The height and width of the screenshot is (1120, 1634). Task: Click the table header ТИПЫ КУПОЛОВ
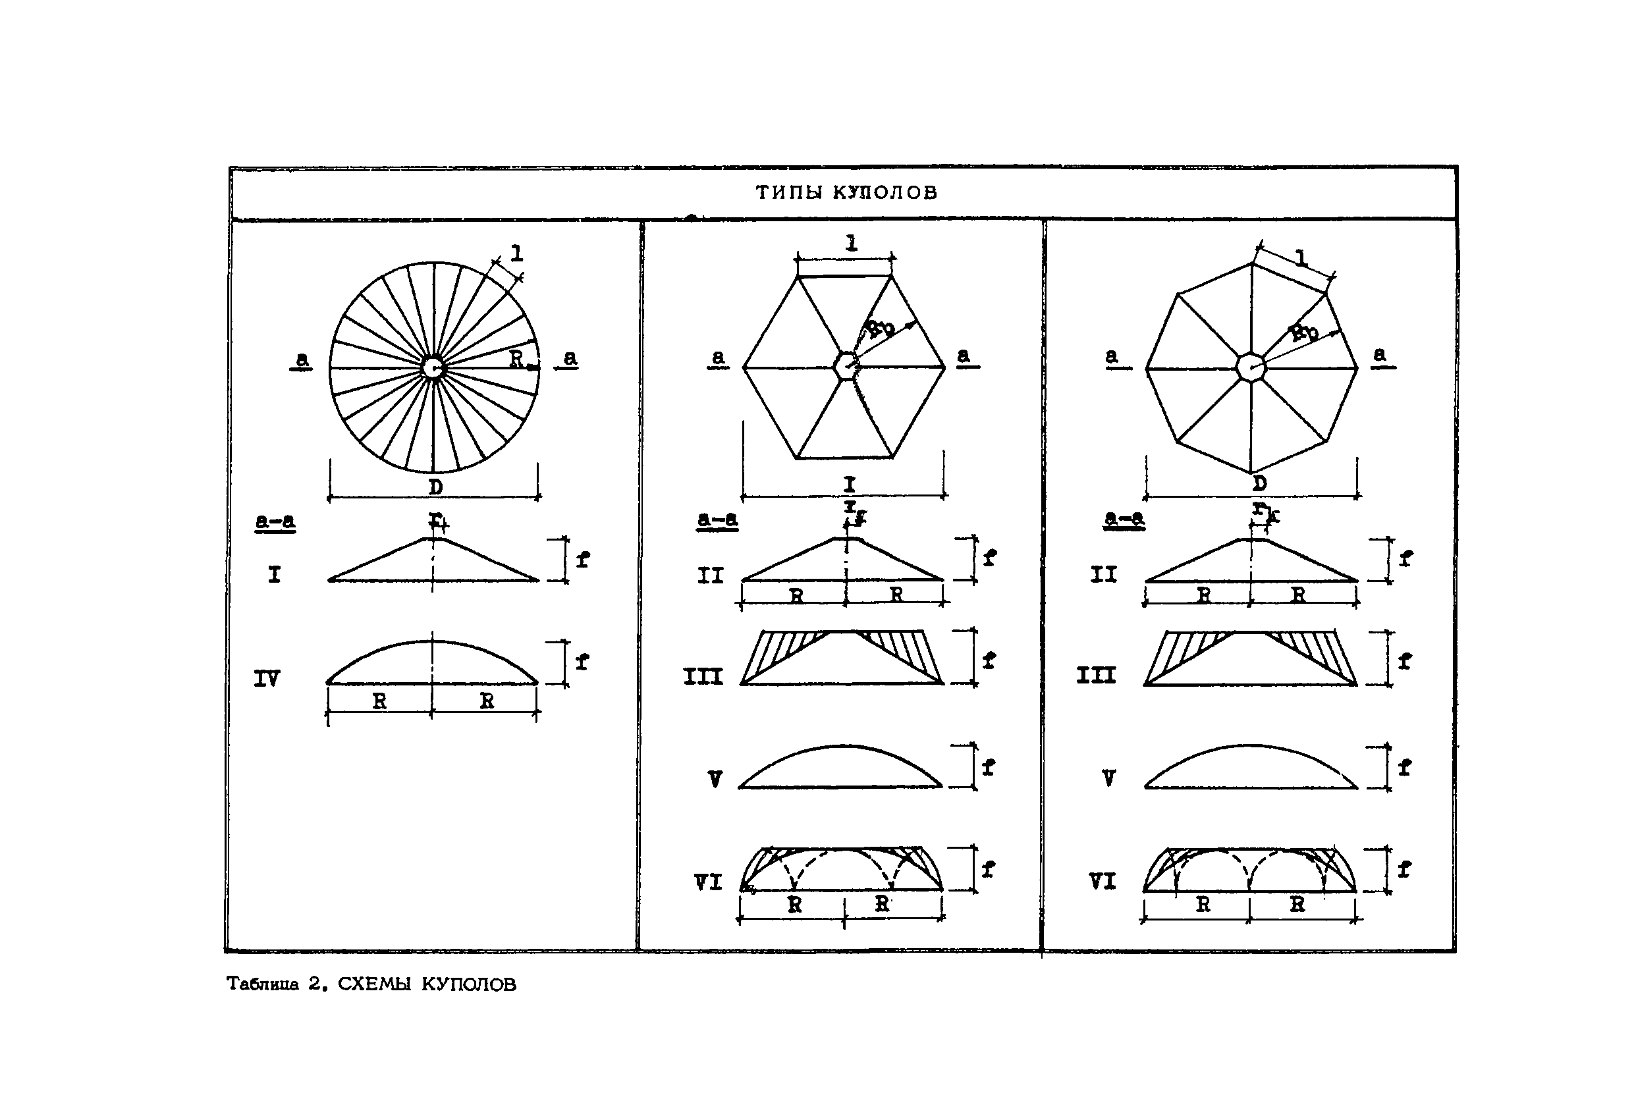pos(846,192)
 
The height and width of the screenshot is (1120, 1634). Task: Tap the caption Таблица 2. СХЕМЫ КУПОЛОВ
pos(371,984)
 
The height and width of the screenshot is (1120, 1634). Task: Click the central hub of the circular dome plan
pos(433,367)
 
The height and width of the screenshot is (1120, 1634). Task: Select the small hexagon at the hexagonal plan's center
pos(846,365)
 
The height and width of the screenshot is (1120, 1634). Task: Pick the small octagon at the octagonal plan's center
pos(1251,367)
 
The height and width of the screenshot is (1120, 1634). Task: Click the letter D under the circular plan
pos(436,487)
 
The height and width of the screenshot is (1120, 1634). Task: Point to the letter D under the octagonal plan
pos(1259,484)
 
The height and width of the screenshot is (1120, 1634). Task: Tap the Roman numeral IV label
pos(267,678)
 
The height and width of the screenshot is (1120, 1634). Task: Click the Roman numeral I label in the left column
pos(274,575)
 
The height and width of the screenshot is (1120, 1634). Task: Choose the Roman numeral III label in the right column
pos(1095,676)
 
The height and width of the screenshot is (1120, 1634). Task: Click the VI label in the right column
pos(1102,881)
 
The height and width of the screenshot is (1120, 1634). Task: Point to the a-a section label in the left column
pos(275,521)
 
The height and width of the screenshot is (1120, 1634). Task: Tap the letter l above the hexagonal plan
pos(852,243)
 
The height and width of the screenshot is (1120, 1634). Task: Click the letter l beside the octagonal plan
pos(1301,259)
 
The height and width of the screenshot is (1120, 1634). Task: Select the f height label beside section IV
pos(582,662)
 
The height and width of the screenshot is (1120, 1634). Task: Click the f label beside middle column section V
pos(989,767)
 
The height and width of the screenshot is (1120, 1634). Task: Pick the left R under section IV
pos(379,701)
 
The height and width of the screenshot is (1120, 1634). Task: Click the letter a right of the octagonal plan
pos(1380,354)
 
